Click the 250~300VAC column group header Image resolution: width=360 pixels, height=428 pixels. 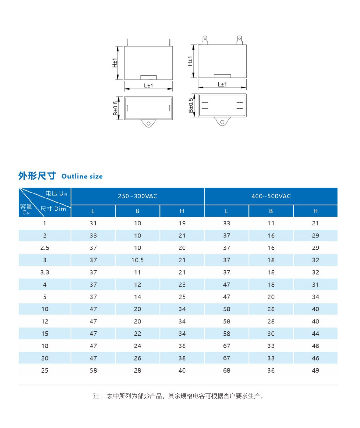tap(138, 196)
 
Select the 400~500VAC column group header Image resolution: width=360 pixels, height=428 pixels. tap(271, 196)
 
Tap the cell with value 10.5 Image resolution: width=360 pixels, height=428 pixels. tap(138, 260)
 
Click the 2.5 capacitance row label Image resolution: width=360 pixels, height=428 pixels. tap(45, 248)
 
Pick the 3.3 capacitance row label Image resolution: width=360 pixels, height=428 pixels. tap(45, 272)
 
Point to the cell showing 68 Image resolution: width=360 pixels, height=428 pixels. tap(227, 370)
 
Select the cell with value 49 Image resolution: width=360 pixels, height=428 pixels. tap(316, 370)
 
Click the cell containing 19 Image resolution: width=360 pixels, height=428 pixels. tap(182, 223)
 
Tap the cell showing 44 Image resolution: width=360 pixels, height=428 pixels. tap(316, 334)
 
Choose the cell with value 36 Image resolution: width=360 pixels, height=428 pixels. tap(271, 370)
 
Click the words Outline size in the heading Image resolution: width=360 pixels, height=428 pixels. tap(82, 177)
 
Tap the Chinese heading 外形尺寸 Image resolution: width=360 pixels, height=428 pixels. tap(37, 176)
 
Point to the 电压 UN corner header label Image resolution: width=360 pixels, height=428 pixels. tap(56, 193)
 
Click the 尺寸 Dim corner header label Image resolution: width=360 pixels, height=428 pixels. tap(53, 209)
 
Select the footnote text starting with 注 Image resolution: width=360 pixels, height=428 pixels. tap(178, 396)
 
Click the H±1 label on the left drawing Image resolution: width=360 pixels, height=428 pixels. tap(115, 63)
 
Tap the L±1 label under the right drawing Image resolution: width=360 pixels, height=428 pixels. tap(222, 84)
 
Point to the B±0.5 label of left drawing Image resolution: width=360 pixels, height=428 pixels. tap(116, 108)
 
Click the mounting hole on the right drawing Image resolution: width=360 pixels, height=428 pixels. tap(222, 122)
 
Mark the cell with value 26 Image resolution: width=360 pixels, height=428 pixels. tap(138, 358)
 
